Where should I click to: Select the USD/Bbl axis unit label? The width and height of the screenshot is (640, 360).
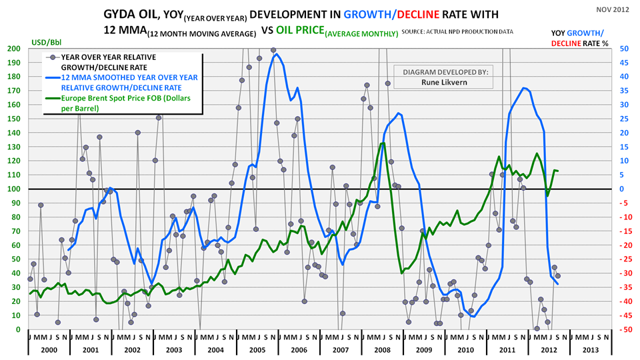pyautogui.click(x=45, y=43)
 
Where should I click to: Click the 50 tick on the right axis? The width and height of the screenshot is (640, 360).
pyautogui.click(x=620, y=49)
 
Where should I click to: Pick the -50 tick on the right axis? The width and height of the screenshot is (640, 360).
pyautogui.click(x=621, y=330)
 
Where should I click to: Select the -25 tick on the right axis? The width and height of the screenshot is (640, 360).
pyautogui.click(x=621, y=259)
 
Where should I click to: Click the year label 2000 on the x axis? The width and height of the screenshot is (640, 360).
pyautogui.click(x=48, y=350)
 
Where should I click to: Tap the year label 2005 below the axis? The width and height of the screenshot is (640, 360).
pyautogui.click(x=258, y=350)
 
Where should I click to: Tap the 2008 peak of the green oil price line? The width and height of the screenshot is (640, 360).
pyautogui.click(x=382, y=143)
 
